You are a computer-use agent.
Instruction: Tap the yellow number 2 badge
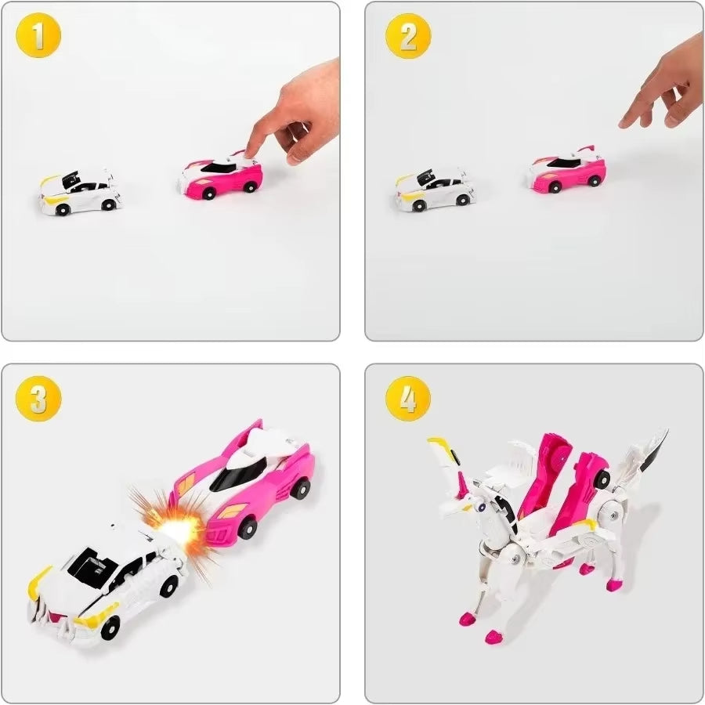(408, 37)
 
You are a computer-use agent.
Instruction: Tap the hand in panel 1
(296, 110)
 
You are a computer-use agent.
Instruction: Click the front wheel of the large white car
(110, 627)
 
